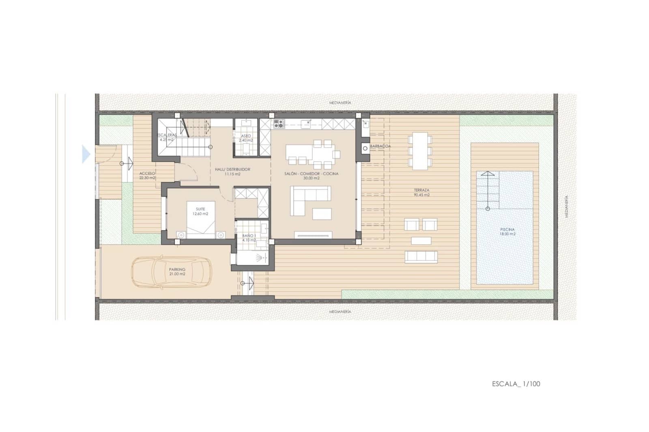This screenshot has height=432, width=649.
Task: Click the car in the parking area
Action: (172, 272)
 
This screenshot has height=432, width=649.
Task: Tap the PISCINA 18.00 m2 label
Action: (507, 232)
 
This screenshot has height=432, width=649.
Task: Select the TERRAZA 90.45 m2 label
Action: (421, 192)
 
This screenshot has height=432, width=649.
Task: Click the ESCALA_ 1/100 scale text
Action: (516, 384)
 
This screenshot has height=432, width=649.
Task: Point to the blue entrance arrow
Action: (86, 154)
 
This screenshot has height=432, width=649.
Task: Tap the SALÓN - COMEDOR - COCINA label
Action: (311, 176)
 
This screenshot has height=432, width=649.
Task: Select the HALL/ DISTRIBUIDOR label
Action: (232, 172)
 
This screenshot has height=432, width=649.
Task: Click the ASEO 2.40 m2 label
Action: (246, 138)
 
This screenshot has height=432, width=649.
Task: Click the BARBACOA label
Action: (380, 146)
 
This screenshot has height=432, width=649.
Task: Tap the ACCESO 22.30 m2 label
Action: (147, 175)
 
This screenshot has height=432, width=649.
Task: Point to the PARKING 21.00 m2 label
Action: (177, 271)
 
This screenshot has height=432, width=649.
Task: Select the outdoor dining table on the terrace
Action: (420, 150)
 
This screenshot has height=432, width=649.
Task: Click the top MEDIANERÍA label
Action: (340, 103)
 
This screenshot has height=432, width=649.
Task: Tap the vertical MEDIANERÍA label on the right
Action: (566, 207)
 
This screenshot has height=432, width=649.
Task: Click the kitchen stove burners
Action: (278, 123)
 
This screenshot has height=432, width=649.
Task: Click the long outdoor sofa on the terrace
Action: (421, 256)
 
